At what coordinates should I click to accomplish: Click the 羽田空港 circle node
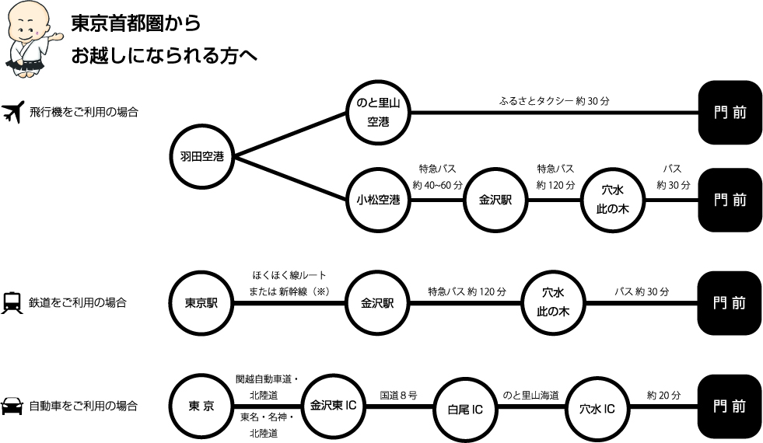click(201, 157)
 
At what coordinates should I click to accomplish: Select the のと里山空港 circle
click(378, 113)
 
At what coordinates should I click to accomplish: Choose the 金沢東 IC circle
click(332, 405)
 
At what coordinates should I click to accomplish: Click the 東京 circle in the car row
click(201, 405)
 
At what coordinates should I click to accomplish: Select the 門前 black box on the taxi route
click(730, 113)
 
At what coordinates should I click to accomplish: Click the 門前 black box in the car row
click(730, 406)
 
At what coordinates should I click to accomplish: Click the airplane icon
click(12, 113)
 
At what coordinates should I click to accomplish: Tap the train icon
click(12, 302)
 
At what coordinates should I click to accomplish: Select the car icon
click(12, 406)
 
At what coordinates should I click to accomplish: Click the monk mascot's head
click(27, 23)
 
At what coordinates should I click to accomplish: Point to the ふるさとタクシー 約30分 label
click(543, 100)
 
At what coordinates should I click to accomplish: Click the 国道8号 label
click(398, 395)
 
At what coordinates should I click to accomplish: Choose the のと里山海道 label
click(530, 395)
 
